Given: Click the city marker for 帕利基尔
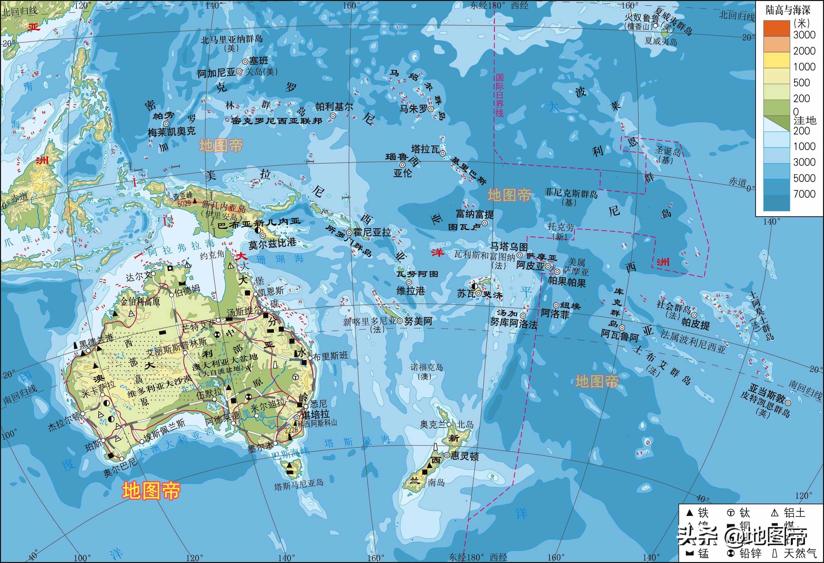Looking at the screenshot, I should pyautogui.click(x=333, y=115).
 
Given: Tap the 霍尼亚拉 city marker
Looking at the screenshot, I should pyautogui.click(x=349, y=233).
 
